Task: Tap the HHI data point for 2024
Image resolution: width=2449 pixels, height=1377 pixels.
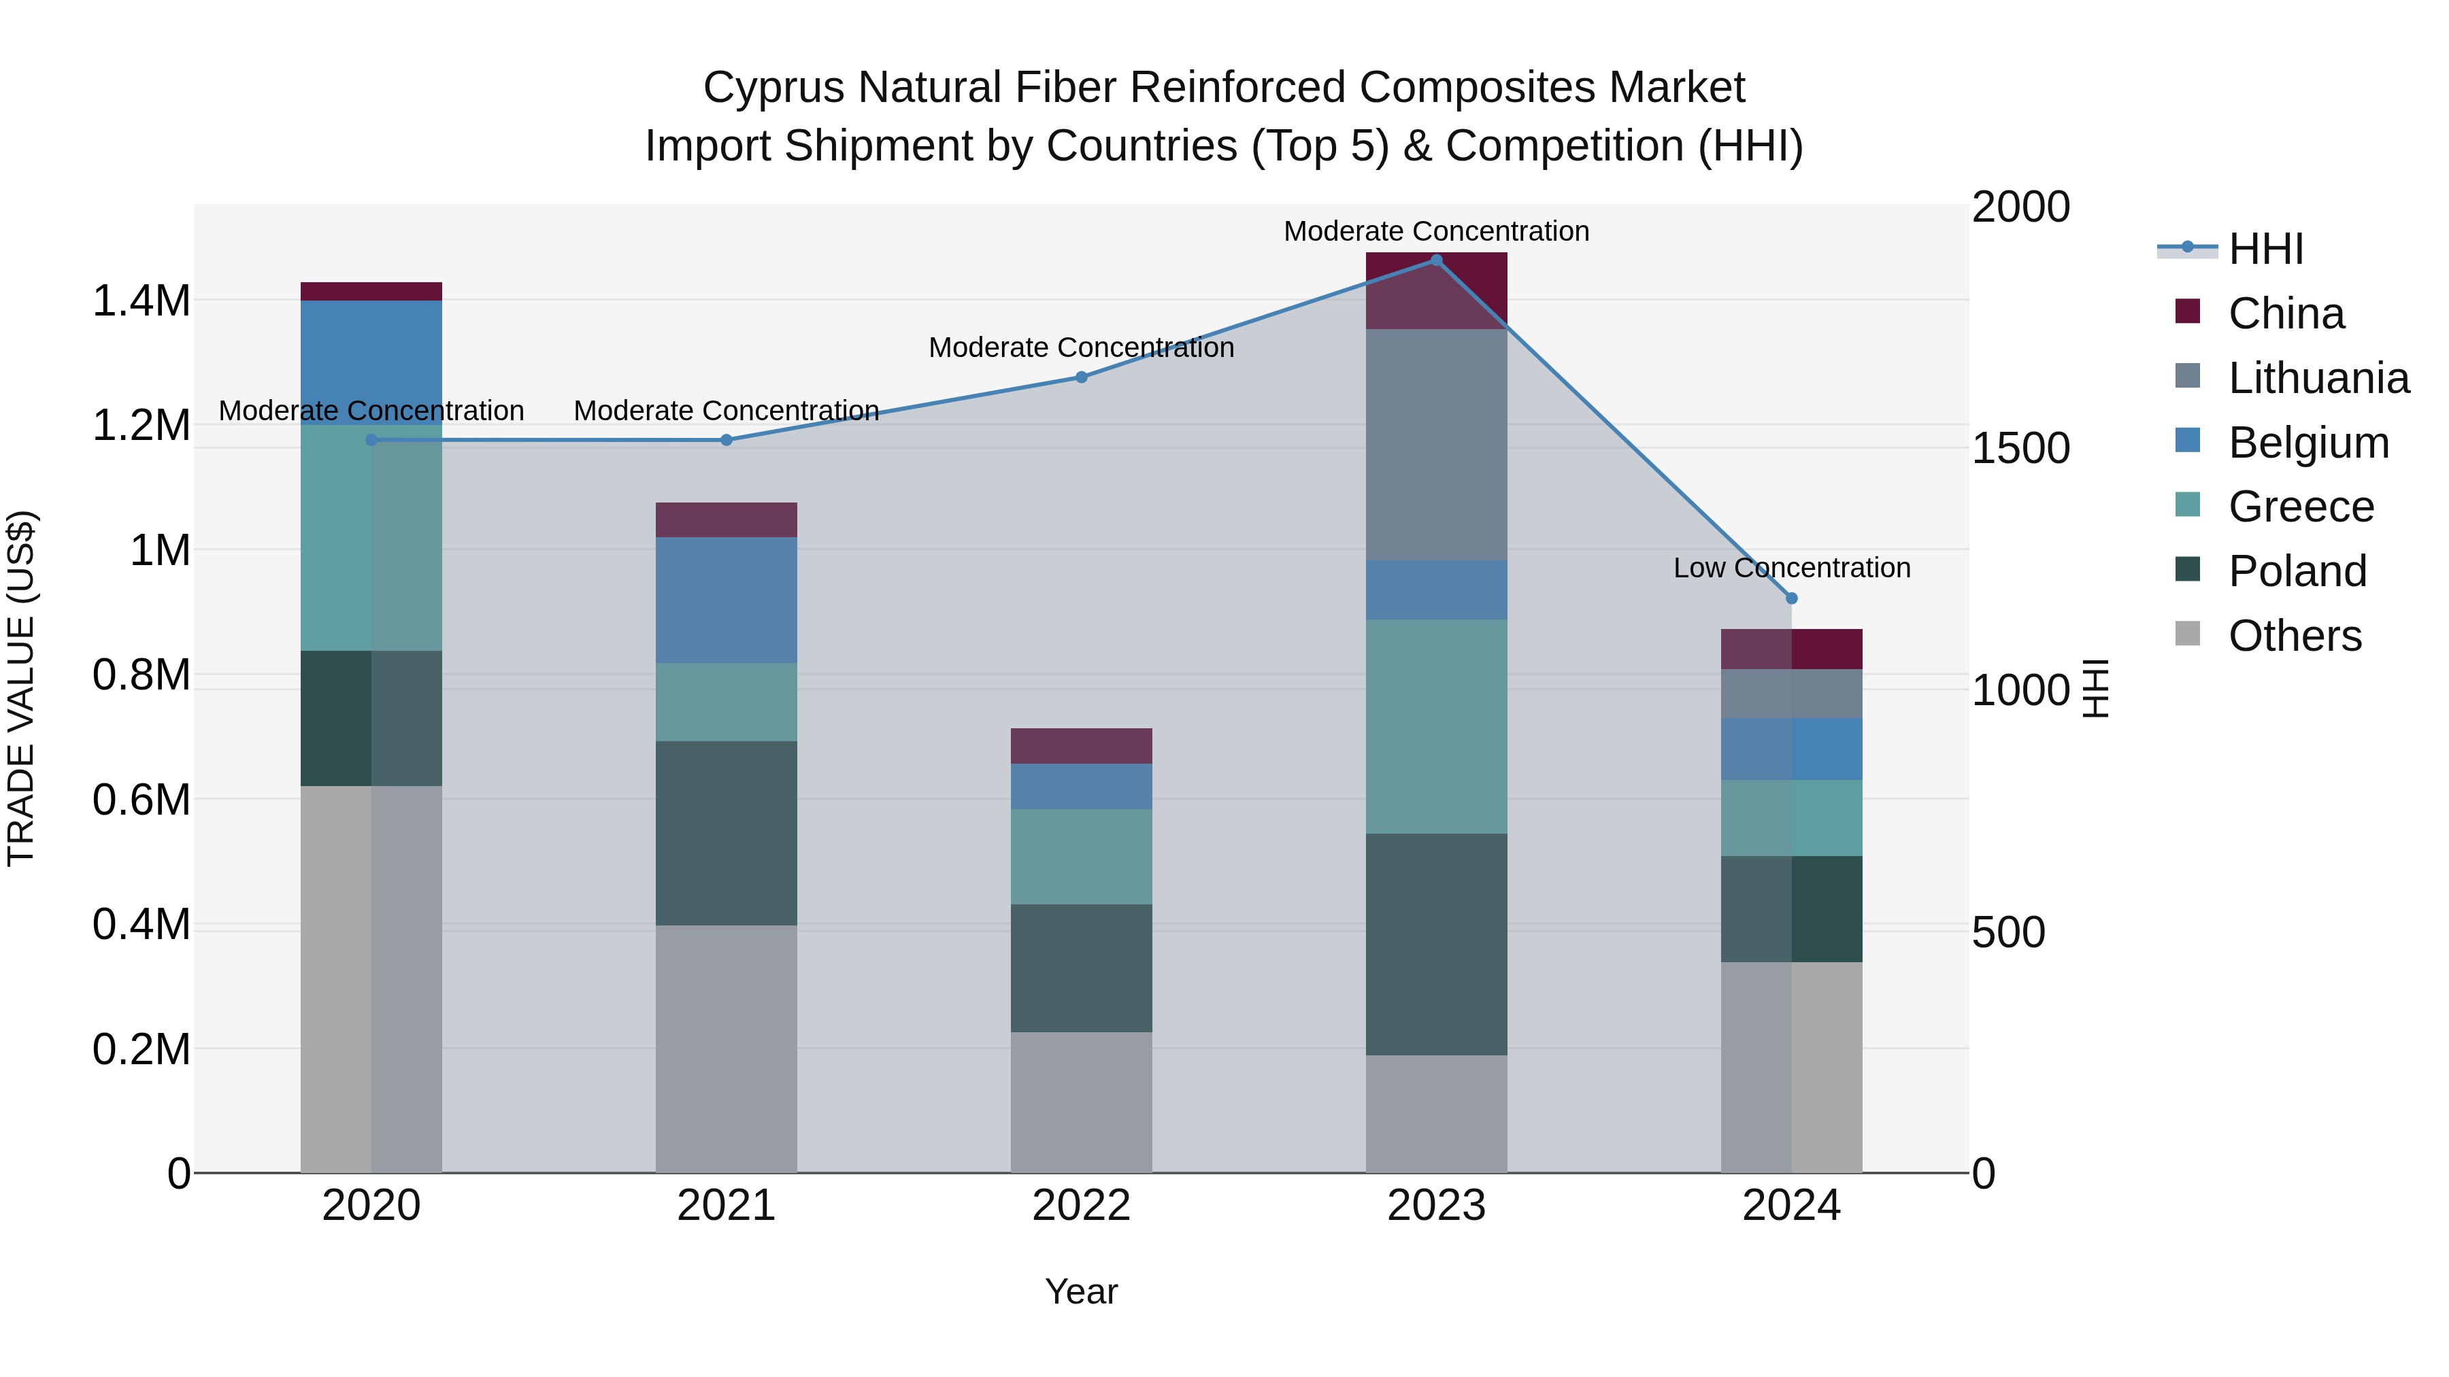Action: [x=1791, y=598]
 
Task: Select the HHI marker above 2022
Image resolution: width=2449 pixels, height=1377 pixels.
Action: [x=1081, y=377]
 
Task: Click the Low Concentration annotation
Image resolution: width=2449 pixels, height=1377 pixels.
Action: [x=1791, y=568]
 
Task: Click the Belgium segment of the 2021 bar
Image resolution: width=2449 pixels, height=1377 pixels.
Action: [x=727, y=600]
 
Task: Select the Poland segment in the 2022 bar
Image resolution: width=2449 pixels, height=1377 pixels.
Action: [x=1081, y=968]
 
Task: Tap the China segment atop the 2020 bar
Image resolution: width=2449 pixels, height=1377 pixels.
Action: [x=371, y=292]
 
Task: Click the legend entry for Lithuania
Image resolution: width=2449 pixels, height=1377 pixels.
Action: [x=2317, y=378]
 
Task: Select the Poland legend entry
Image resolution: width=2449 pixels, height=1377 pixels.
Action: [x=2296, y=571]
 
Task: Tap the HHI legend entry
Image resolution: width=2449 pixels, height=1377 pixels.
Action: [x=2265, y=249]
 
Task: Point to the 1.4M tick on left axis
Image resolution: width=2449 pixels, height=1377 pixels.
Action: [x=141, y=301]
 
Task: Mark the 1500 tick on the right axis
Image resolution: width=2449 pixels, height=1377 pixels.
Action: [x=2020, y=449]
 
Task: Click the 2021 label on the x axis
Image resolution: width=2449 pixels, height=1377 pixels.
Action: [x=727, y=1206]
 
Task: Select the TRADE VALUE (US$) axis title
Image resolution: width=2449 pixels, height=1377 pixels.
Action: [x=21, y=688]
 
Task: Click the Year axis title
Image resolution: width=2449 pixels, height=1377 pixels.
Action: [x=1081, y=1291]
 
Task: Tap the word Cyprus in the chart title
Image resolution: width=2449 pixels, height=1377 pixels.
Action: [x=774, y=88]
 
